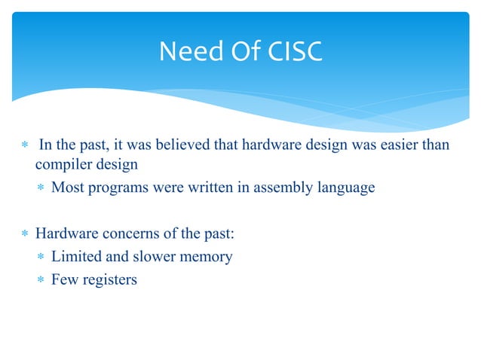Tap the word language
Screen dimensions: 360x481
point(342,187)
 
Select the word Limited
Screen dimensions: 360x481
point(75,257)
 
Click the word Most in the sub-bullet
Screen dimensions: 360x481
point(66,187)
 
